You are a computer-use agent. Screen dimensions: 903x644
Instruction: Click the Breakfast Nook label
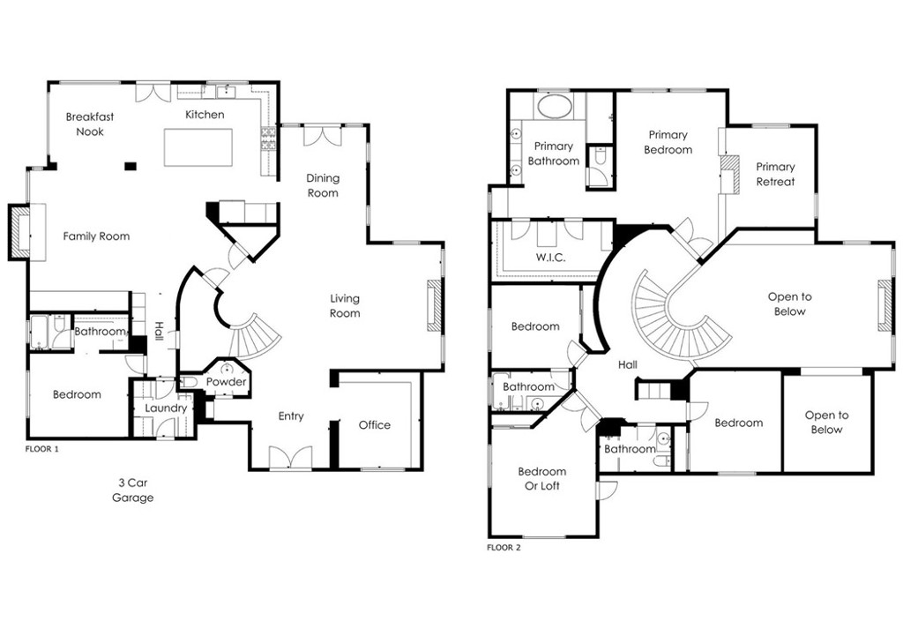pos(90,124)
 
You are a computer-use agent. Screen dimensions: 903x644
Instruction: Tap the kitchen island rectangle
pos(198,147)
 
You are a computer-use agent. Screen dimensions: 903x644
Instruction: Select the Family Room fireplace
pos(19,232)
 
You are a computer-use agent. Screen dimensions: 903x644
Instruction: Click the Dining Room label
pos(323,185)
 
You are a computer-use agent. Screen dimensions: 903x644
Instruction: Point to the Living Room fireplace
pos(434,306)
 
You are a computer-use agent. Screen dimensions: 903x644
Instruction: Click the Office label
pos(374,425)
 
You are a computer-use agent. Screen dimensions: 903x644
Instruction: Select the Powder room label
pos(227,382)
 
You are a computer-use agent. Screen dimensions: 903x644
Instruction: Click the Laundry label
pos(166,408)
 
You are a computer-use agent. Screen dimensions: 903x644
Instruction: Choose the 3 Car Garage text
pos(133,490)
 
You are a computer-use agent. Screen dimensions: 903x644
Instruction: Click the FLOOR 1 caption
pos(42,449)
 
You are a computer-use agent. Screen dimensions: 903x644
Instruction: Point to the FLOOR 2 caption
pos(504,548)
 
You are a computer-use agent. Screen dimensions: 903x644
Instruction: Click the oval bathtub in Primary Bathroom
pos(554,107)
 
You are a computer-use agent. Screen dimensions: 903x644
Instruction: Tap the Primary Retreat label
pos(775,174)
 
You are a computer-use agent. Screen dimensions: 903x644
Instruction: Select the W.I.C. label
pos(550,258)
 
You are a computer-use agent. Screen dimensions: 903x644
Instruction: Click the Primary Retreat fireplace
pos(729,174)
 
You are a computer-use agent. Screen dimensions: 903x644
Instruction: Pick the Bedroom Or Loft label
pos(542,479)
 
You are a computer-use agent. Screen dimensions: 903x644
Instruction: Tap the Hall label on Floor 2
pos(628,364)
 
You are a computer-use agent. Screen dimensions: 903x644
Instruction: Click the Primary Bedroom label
pos(668,142)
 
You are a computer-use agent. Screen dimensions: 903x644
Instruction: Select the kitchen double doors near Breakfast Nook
pos(153,94)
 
